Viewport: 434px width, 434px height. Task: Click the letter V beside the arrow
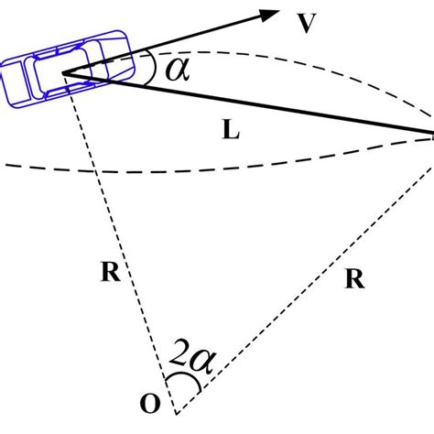pos(309,25)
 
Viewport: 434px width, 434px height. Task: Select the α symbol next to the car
pos(174,67)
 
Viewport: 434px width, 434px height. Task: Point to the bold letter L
pos(232,132)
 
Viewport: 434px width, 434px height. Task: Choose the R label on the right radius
pos(355,280)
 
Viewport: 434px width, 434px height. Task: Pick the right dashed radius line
pos(302,275)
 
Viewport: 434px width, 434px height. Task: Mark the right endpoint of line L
pos(431,136)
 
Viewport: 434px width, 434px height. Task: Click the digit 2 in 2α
pos(179,363)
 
